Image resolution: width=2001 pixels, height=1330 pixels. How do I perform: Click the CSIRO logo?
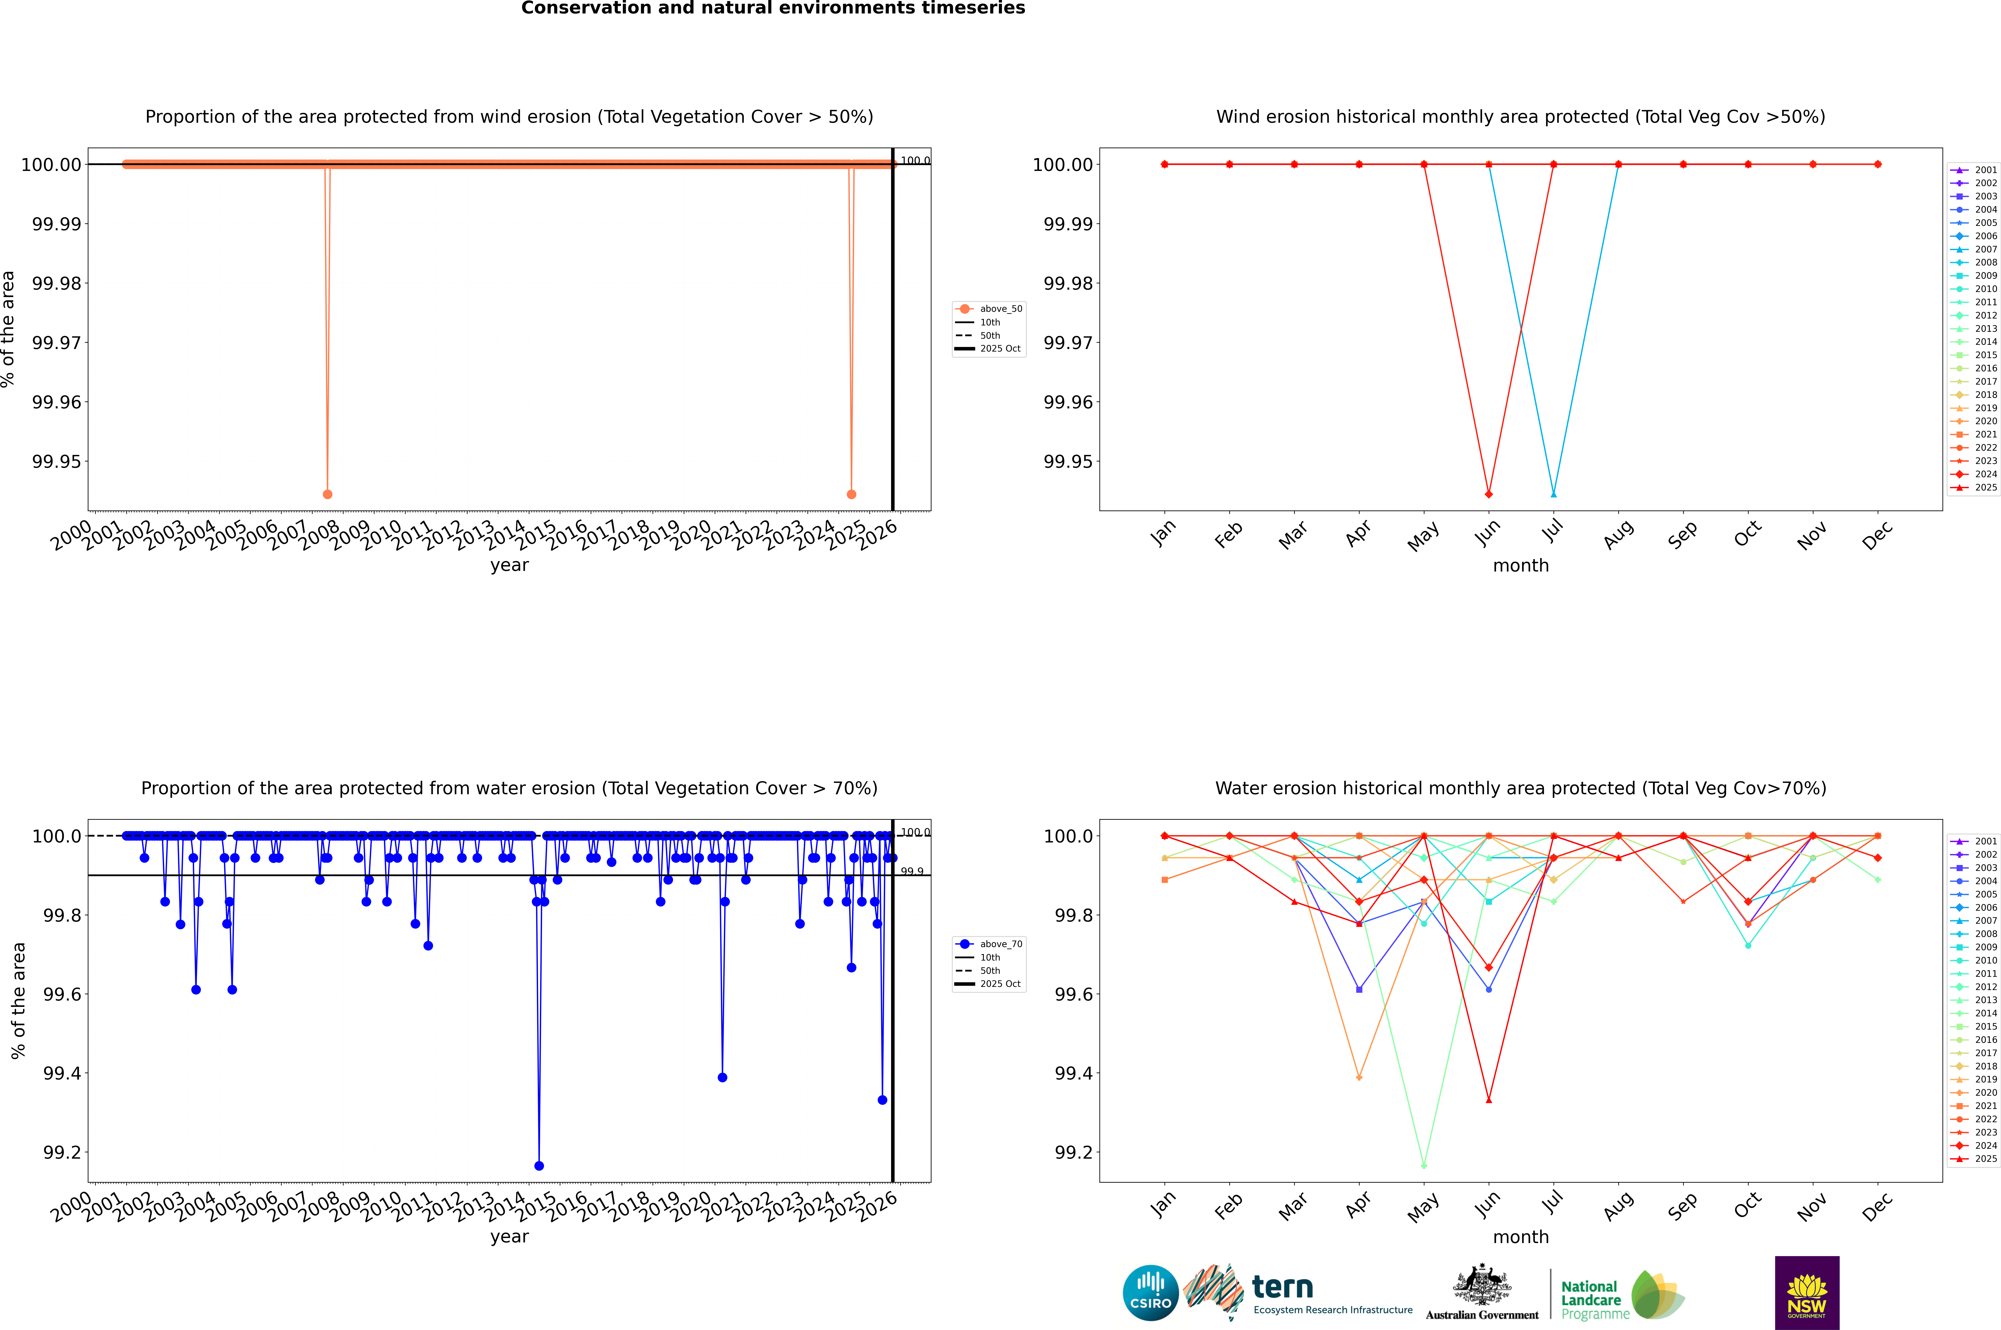click(1150, 1293)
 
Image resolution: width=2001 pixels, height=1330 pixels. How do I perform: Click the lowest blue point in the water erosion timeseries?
click(539, 1165)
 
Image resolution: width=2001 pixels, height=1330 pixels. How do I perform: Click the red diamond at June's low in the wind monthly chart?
click(1489, 494)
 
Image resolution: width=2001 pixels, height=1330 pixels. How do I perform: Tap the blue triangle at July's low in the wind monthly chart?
click(1553, 494)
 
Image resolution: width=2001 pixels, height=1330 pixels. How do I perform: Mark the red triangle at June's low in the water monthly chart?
click(1489, 1100)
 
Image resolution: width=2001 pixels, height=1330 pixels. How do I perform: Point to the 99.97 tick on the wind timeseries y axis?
click(57, 343)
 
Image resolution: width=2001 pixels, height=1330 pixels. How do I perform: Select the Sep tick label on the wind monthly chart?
click(1682, 534)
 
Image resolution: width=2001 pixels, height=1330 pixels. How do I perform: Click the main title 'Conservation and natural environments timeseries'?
click(773, 8)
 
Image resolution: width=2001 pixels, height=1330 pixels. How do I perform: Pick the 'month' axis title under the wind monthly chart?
click(1520, 566)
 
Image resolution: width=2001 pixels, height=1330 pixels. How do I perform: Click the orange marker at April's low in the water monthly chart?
click(1359, 1078)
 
